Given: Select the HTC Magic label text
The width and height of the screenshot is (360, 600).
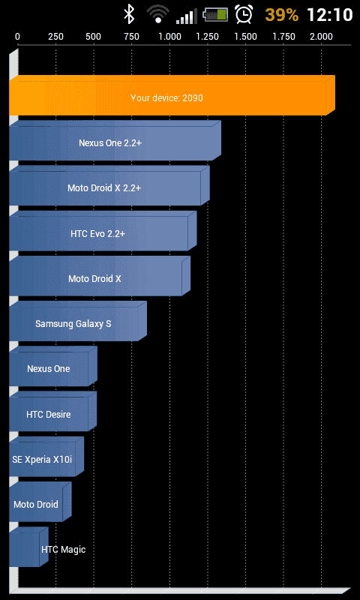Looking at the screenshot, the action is click(64, 550).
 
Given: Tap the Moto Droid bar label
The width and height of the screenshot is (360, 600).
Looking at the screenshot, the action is click(36, 504).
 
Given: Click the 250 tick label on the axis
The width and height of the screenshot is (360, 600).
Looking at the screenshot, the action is click(55, 37).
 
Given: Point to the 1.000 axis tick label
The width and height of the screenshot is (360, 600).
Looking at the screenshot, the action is click(169, 37).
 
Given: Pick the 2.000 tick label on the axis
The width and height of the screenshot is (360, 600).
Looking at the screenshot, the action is click(321, 37).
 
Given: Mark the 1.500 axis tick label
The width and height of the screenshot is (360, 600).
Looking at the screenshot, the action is click(245, 37).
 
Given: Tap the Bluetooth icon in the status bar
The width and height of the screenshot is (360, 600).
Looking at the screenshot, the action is click(129, 14).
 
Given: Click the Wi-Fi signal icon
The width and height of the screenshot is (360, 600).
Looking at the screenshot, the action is click(158, 14).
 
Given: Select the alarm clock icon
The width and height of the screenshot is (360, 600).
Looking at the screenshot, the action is click(244, 14).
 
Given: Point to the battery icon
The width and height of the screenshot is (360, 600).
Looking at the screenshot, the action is click(215, 14).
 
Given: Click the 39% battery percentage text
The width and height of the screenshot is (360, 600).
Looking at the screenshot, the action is click(281, 15).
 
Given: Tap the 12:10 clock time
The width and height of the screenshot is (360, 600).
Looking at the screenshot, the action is click(330, 15).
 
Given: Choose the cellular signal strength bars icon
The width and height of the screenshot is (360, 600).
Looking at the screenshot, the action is click(187, 16).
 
